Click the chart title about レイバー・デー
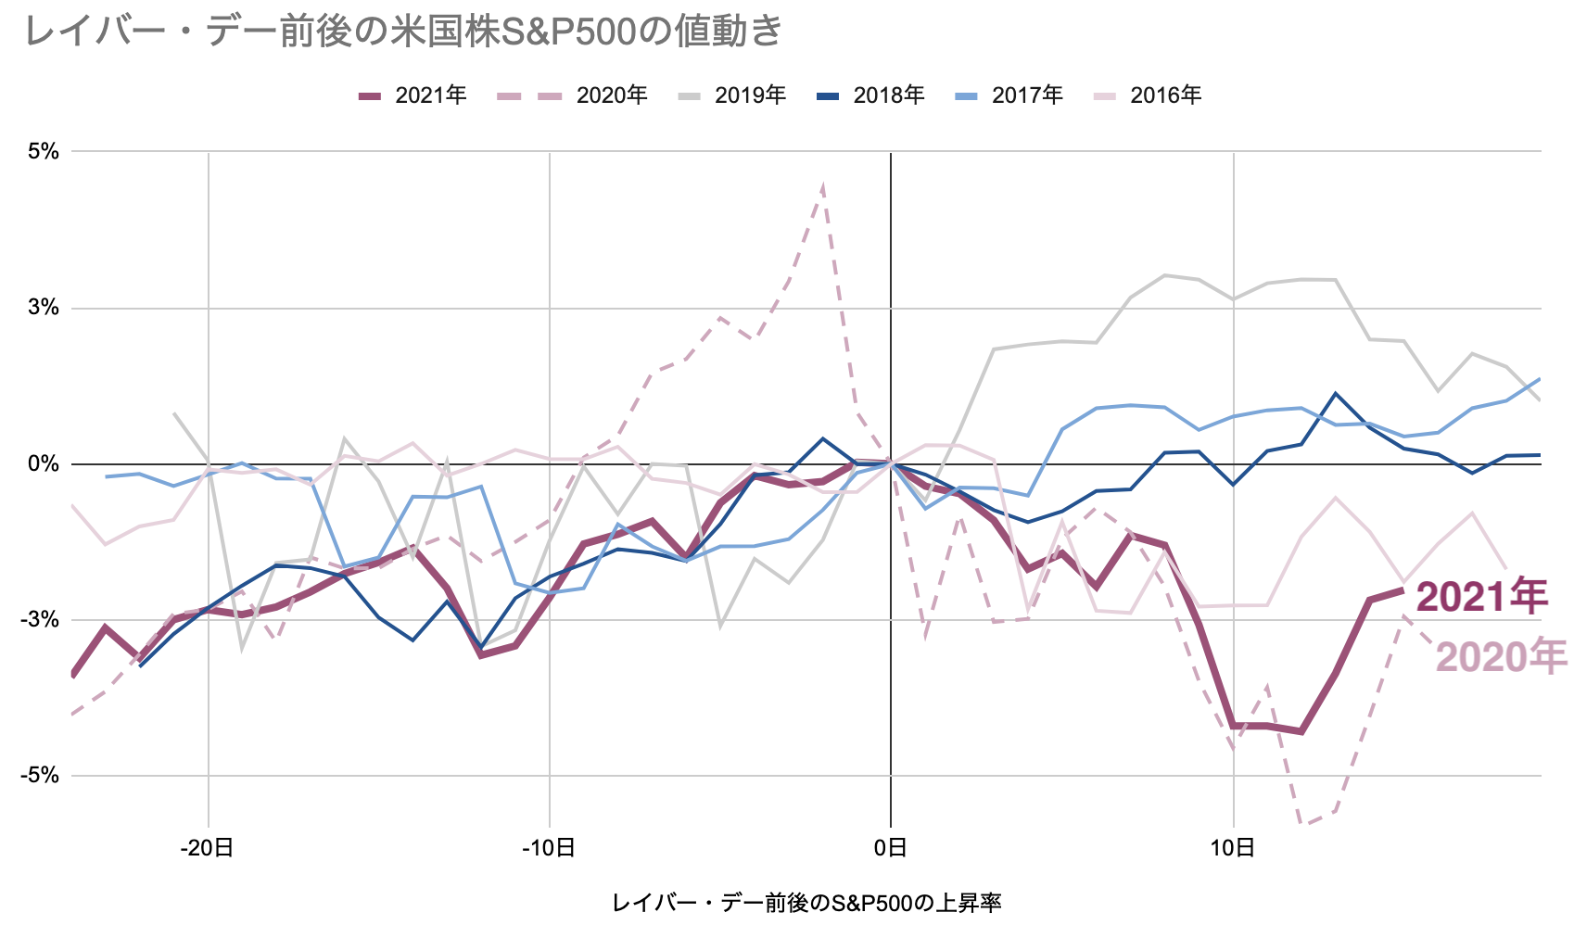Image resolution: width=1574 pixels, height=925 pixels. click(x=404, y=32)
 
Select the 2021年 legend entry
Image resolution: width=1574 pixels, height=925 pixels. click(x=413, y=95)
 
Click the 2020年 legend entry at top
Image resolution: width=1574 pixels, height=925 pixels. click(x=572, y=95)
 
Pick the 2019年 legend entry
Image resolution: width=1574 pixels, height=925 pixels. click(x=732, y=95)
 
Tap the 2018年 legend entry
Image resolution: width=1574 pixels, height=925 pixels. click(x=870, y=95)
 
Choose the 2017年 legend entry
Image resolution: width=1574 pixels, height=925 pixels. click(x=1009, y=95)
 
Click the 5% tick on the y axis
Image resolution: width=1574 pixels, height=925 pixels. click(x=44, y=151)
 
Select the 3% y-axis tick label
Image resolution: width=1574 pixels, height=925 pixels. click(x=44, y=308)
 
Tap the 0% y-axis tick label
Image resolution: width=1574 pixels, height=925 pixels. click(x=44, y=463)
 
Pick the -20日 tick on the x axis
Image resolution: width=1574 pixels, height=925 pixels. click(x=207, y=848)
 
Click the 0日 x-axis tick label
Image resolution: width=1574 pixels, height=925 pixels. click(x=891, y=848)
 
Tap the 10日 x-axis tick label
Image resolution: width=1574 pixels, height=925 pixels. click(x=1233, y=848)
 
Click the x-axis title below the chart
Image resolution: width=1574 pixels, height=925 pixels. click(x=806, y=903)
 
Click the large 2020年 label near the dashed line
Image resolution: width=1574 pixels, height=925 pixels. click(x=1500, y=656)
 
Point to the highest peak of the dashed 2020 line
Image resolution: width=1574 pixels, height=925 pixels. click(x=823, y=188)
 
